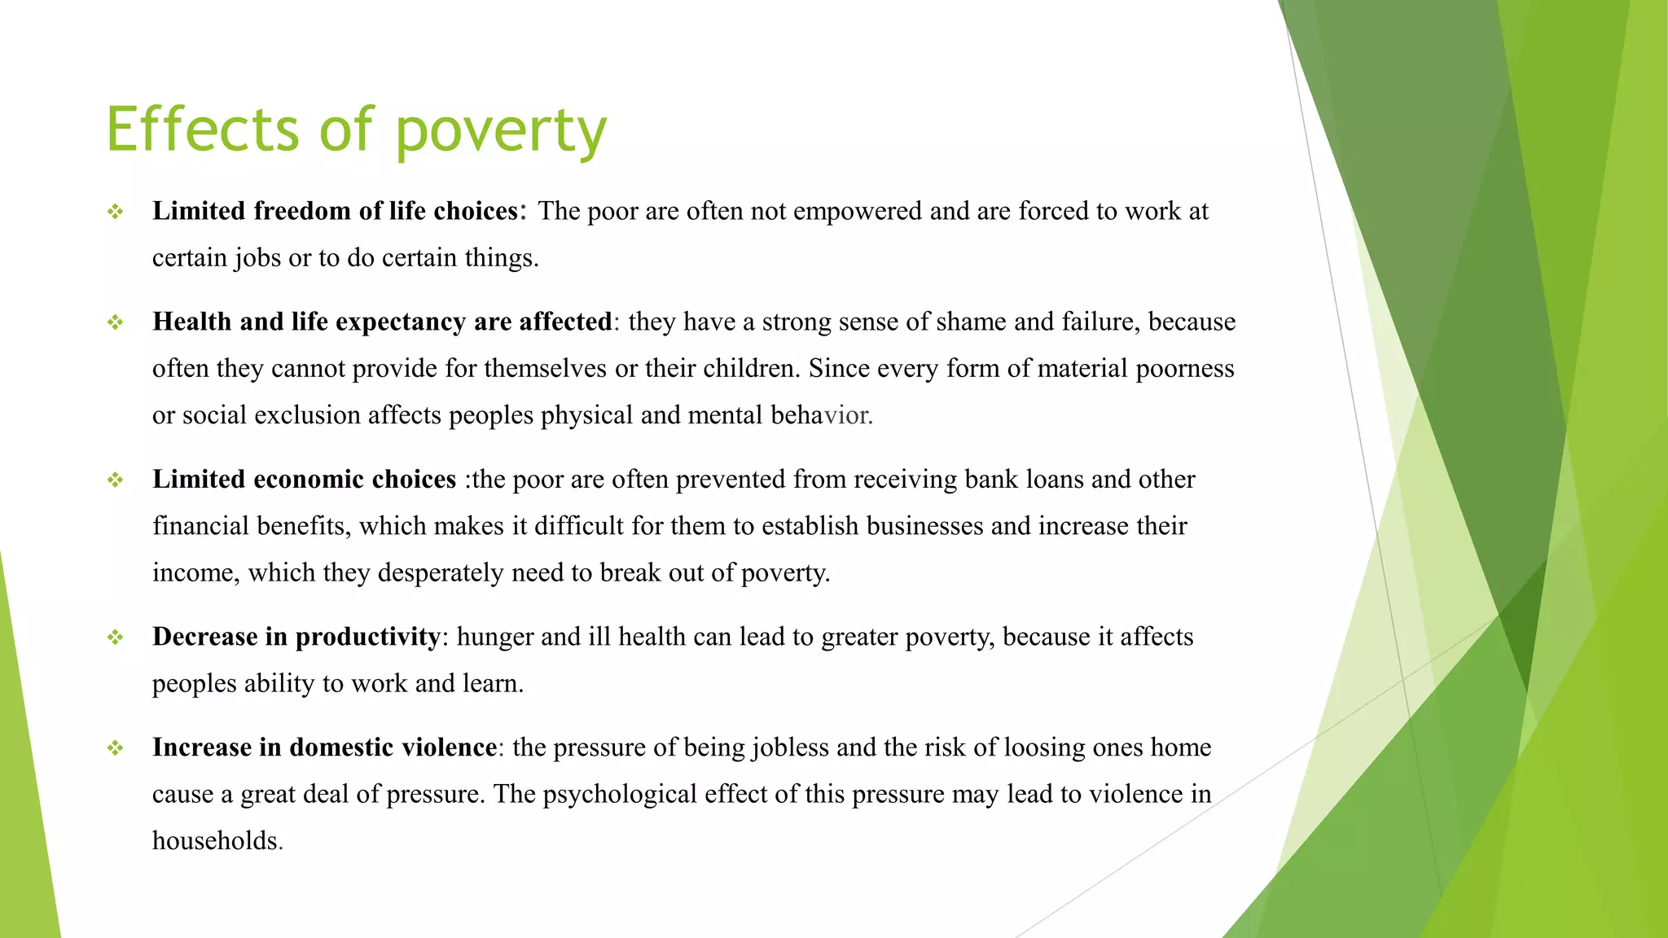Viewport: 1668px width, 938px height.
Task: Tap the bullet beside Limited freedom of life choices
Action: pos(115,212)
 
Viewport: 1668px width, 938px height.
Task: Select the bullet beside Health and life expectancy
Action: pos(115,322)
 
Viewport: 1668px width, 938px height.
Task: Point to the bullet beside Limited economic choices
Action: pos(115,480)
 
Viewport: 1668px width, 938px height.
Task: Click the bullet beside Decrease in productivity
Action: pos(115,638)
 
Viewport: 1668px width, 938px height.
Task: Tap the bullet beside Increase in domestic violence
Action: pos(115,748)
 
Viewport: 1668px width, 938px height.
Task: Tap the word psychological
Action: pos(619,794)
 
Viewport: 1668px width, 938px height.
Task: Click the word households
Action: pos(216,840)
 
